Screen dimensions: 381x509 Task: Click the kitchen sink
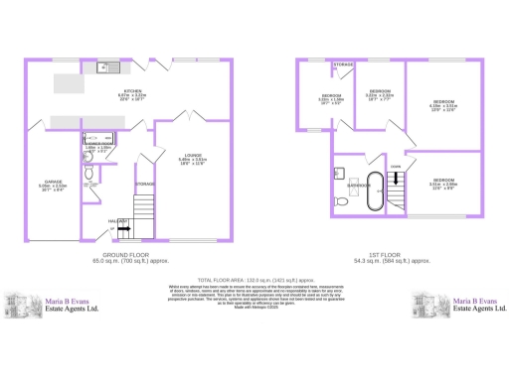coord(103,68)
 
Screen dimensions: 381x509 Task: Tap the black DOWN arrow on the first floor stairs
coord(399,179)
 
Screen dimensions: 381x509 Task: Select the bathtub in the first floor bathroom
coord(374,190)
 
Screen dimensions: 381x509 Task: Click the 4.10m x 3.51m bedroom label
coord(442,103)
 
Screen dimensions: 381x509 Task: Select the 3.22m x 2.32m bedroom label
coord(380,92)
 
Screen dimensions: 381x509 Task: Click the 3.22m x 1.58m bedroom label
coord(330,97)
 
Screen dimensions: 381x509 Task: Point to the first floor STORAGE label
coord(344,64)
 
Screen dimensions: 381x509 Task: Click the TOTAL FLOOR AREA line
coord(254,281)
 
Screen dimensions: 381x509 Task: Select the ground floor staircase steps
coord(144,208)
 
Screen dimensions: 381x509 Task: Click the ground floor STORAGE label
coord(145,184)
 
